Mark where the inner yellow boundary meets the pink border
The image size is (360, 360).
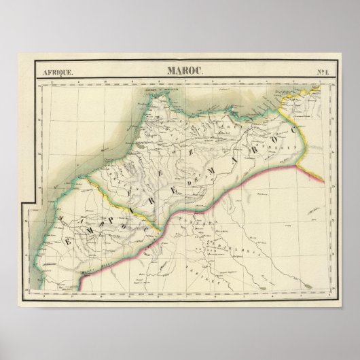click(x=158, y=230)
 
